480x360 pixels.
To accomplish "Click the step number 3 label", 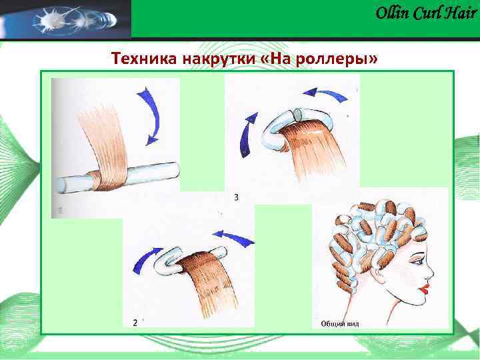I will click(237, 197).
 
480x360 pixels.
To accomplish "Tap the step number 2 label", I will click(135, 322).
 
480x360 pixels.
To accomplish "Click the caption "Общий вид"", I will click(340, 323).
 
